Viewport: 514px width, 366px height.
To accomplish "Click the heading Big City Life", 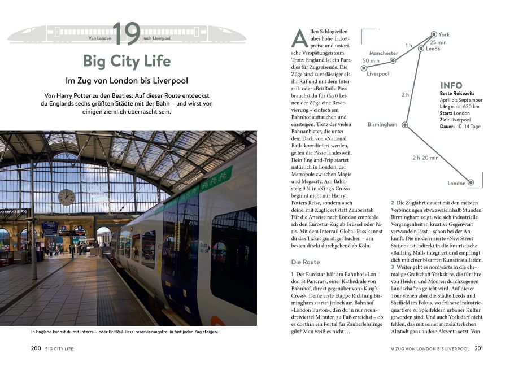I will click(127, 61).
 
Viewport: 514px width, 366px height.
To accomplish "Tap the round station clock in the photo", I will click(66, 197).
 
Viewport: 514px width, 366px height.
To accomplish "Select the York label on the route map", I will click(444, 34).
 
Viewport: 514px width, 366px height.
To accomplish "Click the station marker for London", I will click(471, 182).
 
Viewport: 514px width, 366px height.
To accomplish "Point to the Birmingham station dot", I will click(405, 124).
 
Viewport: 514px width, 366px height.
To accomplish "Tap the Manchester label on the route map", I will click(384, 53).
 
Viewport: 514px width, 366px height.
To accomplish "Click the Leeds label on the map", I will click(433, 49).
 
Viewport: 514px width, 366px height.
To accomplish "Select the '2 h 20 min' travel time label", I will click(425, 158).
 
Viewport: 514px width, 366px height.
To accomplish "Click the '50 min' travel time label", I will click(371, 60).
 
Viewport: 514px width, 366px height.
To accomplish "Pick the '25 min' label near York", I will click(438, 42).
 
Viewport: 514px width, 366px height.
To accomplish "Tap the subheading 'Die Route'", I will click(305, 262).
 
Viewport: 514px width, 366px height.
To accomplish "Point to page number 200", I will click(36, 349).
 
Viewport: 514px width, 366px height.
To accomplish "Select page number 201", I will click(479, 349).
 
